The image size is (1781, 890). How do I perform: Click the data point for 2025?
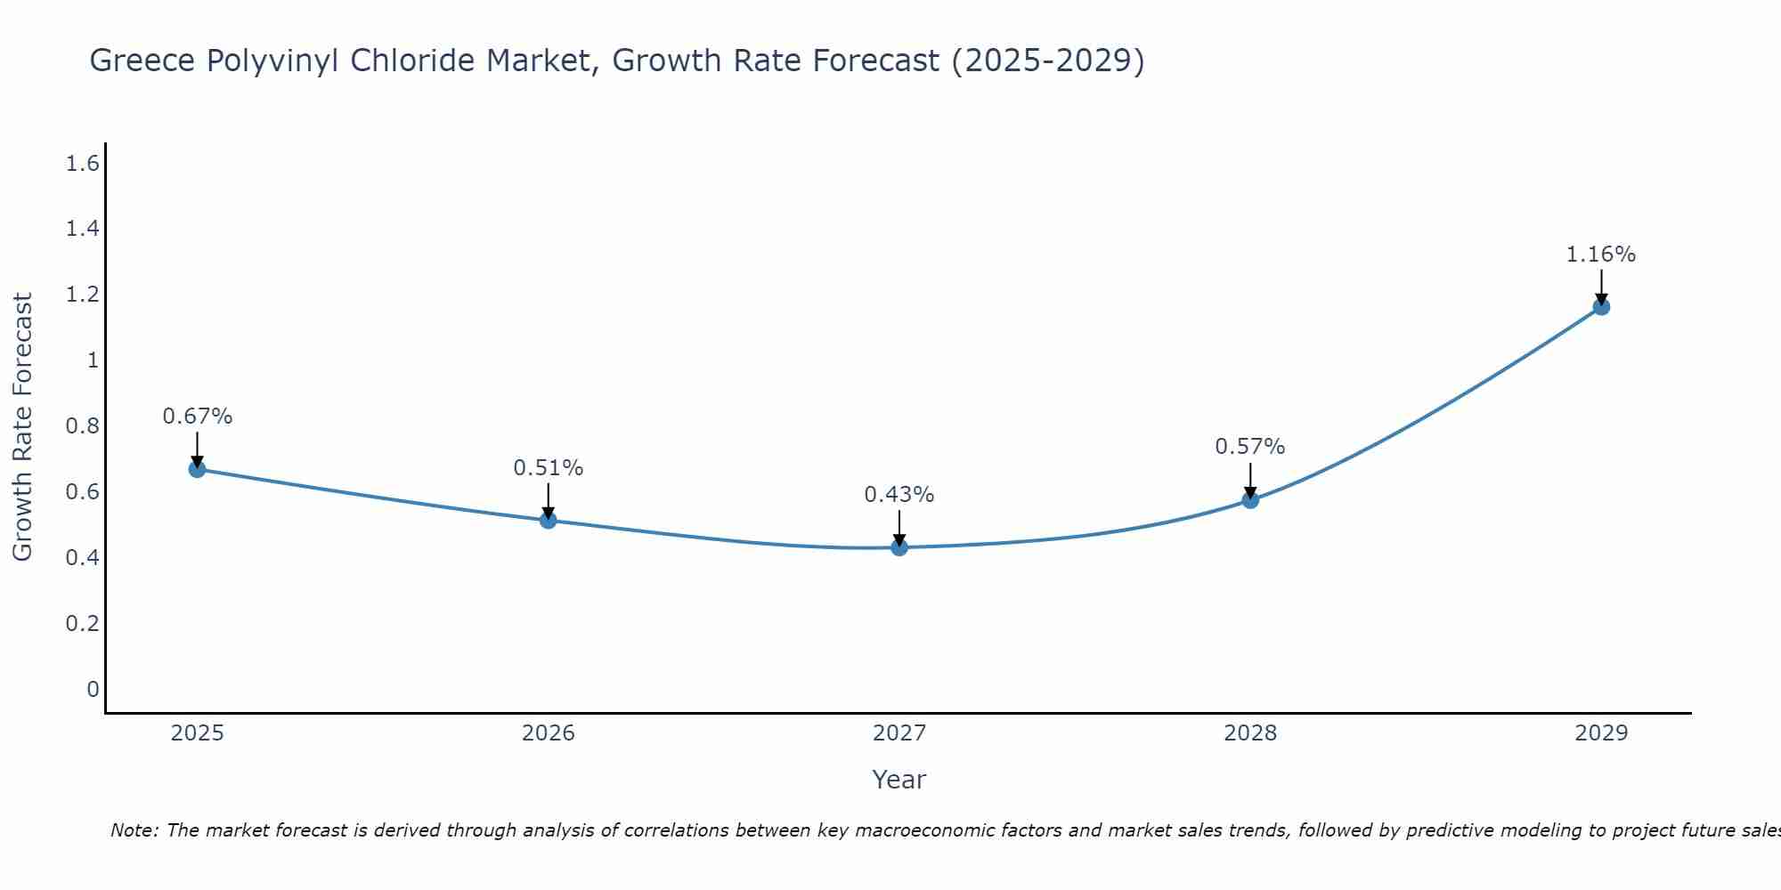tap(197, 469)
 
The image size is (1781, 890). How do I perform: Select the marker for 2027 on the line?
tap(899, 547)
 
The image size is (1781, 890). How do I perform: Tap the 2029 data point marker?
tap(1601, 307)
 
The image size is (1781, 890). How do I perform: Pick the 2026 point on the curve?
tap(549, 521)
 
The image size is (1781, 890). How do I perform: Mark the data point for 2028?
tap(1250, 500)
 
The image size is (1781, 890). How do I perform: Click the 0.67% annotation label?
tap(197, 417)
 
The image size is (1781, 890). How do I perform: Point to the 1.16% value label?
tap(1600, 255)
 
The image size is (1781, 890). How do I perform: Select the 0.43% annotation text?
tap(899, 495)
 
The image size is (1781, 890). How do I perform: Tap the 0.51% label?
tap(548, 468)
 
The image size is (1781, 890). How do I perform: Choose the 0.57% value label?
tap(1249, 447)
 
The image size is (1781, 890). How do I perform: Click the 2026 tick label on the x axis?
tap(549, 733)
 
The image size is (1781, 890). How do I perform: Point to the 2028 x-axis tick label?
tap(1250, 733)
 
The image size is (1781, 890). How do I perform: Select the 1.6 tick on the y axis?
tap(82, 164)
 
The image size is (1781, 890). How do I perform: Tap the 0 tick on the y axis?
tap(93, 689)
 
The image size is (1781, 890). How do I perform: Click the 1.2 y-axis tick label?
tap(82, 295)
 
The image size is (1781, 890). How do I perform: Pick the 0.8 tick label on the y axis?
tap(82, 426)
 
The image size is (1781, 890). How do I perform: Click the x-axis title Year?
tap(899, 780)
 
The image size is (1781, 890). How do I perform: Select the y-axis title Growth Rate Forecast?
tap(22, 426)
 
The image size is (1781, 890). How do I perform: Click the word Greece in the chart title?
tap(143, 61)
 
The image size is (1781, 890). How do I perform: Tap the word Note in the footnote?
tap(134, 830)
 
